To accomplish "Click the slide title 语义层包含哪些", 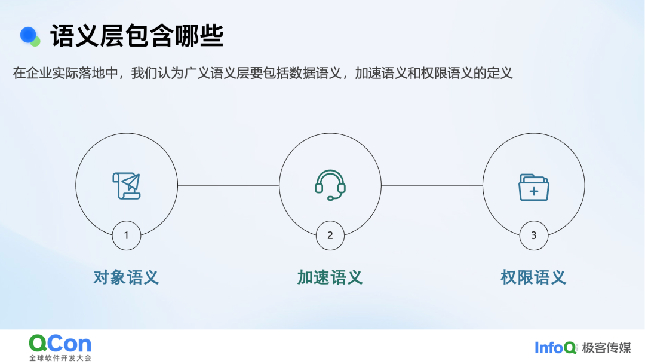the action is click(137, 36).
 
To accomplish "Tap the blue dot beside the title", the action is click(29, 35).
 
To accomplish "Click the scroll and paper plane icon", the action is click(127, 186).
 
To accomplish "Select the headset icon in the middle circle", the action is click(330, 185).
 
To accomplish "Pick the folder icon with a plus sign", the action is click(533, 187).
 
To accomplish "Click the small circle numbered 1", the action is click(126, 235).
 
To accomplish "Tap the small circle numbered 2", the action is click(330, 235).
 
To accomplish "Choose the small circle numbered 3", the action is click(533, 235).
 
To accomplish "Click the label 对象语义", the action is click(126, 277).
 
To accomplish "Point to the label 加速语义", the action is click(330, 277).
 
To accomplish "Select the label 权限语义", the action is click(533, 277).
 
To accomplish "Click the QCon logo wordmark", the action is click(60, 344).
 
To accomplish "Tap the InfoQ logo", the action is click(555, 348).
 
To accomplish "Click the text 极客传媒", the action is click(606, 348).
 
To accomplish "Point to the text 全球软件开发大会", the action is click(60, 358).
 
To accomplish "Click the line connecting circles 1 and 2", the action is click(228, 185).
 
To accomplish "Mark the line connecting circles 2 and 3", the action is click(432, 185).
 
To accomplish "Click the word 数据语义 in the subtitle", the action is click(315, 73).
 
